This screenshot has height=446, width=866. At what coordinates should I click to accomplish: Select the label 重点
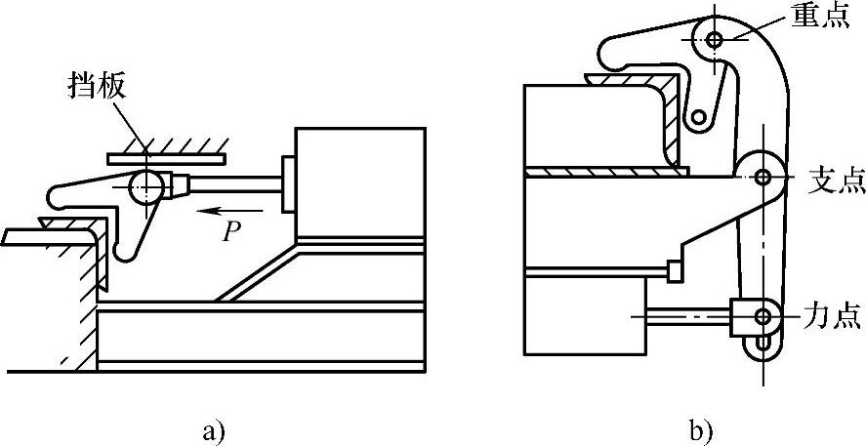coord(824,19)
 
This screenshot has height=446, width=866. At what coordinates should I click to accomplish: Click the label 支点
coord(832,179)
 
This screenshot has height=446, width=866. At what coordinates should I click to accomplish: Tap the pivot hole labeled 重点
coord(715,40)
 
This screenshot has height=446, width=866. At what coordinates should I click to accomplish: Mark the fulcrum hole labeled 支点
coord(762,176)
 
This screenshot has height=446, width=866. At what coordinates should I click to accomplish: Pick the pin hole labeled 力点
coord(762,315)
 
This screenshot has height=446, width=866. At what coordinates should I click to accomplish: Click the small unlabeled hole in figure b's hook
coord(699,118)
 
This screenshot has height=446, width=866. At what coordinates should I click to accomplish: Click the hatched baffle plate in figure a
coord(166,154)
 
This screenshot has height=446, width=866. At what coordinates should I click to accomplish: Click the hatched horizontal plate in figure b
coord(605,172)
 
